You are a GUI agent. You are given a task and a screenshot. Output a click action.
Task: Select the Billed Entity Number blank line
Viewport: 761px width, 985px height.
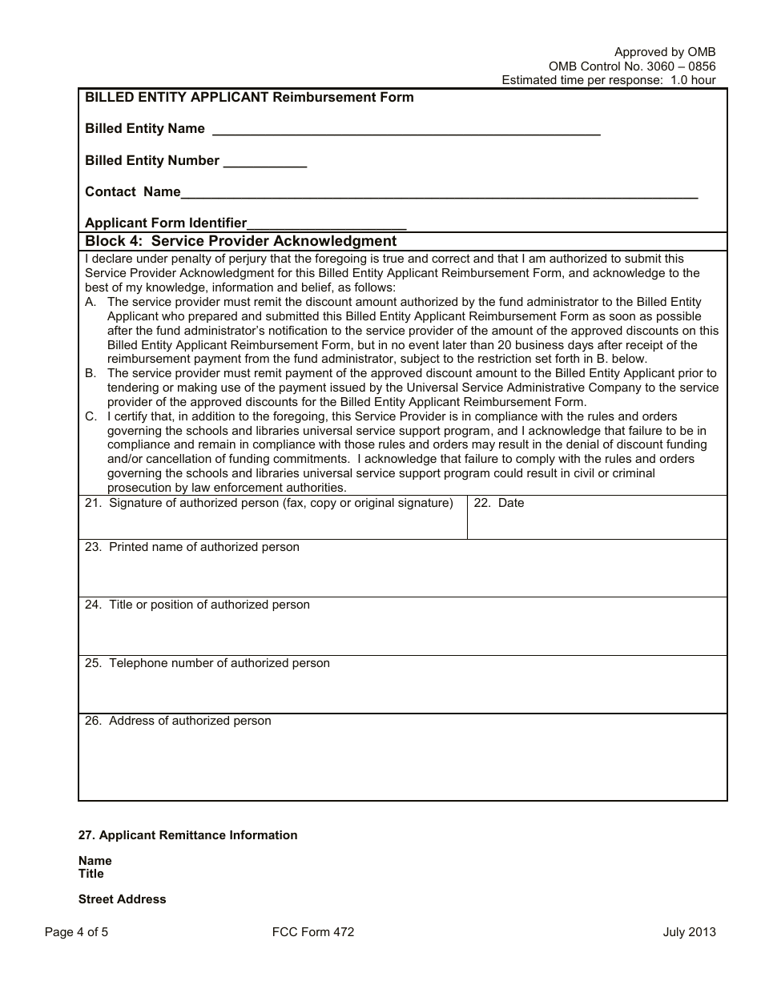coord(264,163)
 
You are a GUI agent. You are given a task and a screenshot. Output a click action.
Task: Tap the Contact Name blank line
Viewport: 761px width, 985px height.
coord(439,194)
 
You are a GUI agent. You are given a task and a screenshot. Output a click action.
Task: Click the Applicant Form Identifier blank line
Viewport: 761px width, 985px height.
coord(327,225)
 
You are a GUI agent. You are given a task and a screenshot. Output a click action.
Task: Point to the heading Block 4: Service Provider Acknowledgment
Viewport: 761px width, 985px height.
coord(240,241)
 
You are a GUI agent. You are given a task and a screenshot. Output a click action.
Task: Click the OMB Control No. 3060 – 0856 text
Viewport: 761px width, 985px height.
coord(632,66)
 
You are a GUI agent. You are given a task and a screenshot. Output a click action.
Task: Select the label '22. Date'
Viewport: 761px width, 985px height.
coord(499,503)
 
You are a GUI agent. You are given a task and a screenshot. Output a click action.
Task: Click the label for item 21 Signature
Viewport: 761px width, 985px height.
coord(269,503)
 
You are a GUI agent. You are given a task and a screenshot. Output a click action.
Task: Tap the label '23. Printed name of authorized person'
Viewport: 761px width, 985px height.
coord(192,547)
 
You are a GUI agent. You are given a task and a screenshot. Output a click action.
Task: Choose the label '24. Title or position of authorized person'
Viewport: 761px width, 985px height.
coord(197,605)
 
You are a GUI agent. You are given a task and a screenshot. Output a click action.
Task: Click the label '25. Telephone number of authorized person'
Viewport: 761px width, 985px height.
coord(207,663)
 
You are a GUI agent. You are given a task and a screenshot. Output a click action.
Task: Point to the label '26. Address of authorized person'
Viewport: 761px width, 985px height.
coord(178,721)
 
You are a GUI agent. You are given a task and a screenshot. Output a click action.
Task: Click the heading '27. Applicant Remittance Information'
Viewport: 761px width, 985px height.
coord(187,835)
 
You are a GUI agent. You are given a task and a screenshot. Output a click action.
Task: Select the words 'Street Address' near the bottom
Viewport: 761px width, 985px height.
coord(122,899)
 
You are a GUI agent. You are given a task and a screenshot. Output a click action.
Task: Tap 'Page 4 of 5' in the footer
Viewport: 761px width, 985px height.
coord(76,931)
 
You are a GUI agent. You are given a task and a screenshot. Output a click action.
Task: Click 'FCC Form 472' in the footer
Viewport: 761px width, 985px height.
coord(313,931)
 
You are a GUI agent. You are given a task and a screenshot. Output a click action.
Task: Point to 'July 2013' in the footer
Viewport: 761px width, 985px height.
coord(689,931)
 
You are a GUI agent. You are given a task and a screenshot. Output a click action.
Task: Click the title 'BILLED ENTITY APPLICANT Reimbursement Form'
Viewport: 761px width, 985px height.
coord(249,98)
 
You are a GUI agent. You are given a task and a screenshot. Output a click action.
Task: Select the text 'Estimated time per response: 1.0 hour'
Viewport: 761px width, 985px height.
coord(608,80)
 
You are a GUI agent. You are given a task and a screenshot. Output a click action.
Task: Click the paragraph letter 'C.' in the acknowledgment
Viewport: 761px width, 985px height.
coord(91,416)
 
